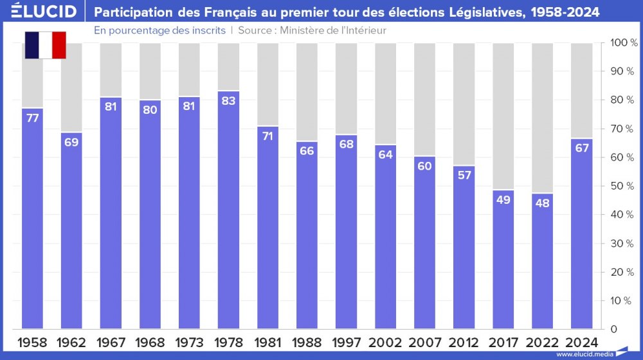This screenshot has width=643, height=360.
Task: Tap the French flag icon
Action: tap(45, 44)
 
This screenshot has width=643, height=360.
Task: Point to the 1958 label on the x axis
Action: tap(32, 342)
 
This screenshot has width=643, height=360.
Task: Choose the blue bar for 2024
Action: tap(581, 238)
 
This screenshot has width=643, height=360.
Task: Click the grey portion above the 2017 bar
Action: tap(503, 116)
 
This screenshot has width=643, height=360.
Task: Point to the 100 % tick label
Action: tap(623, 43)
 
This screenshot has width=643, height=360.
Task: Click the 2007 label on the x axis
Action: tap(424, 342)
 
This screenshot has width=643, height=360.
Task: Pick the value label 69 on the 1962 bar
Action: tap(71, 142)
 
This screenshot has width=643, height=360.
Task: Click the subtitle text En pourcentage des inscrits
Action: tap(159, 30)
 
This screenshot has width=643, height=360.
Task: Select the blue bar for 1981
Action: tap(267, 231)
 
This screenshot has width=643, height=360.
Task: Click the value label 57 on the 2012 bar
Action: tap(464, 176)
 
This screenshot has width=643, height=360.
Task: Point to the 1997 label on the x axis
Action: tap(346, 342)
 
